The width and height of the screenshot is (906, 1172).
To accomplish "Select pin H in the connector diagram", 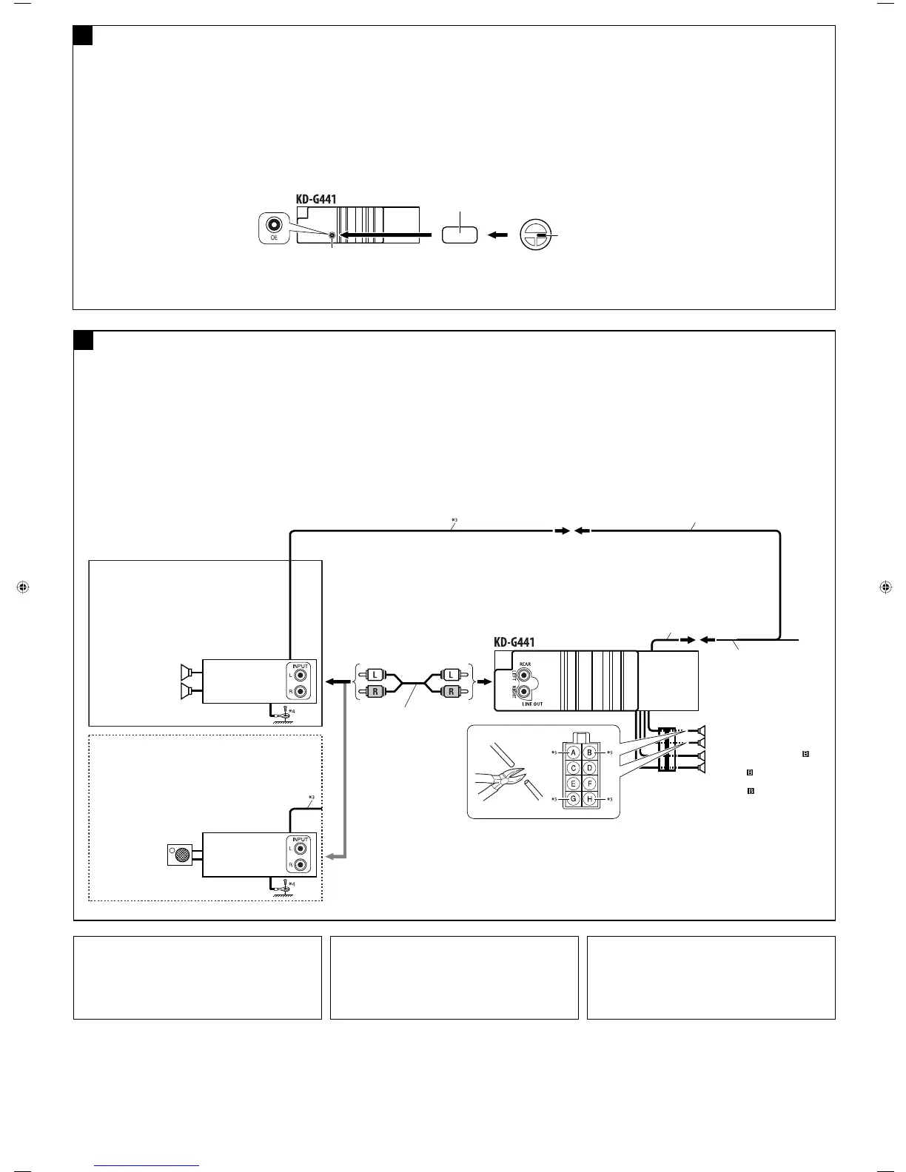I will [590, 799].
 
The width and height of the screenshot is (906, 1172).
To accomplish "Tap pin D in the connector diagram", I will [590, 769].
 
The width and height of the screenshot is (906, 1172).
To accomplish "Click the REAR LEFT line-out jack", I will [525, 675].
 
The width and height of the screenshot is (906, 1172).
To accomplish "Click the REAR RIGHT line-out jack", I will [525, 693].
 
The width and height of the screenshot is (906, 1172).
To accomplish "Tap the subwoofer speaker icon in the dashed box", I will [179, 855].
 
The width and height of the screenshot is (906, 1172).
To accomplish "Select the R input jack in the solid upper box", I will [301, 693].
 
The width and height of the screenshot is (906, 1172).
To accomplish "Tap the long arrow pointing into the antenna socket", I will [385, 235].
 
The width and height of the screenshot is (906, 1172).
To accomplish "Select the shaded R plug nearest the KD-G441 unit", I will [450, 693].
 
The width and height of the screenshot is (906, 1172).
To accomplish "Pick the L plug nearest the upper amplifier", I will [375, 675].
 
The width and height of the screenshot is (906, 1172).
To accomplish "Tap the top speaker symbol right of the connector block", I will [701, 730].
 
